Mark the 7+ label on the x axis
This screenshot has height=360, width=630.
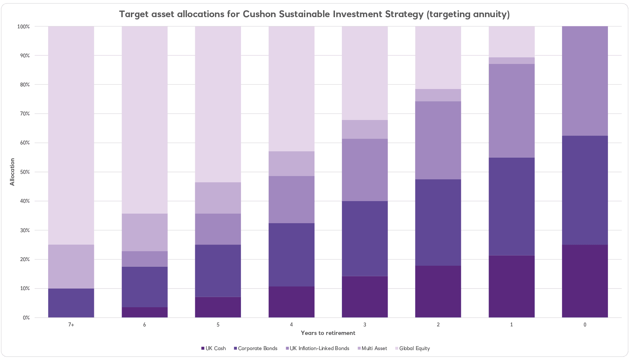pos(71,325)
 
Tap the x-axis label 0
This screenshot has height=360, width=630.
pos(585,325)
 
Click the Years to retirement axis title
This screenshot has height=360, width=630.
pos(328,333)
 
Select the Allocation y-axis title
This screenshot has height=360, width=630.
pos(13,172)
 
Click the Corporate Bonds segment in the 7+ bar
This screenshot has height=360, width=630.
pos(71,303)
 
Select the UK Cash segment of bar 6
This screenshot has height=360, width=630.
pos(145,312)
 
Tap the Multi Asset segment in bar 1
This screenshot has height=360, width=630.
pos(512,61)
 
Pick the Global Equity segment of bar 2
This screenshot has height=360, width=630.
pos(438,57)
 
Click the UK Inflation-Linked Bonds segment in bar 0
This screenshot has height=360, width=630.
pos(585,81)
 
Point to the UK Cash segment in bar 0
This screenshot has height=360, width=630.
pos(585,281)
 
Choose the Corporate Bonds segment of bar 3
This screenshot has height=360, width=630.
pos(365,238)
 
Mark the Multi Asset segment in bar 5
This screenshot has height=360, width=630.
pos(218,198)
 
